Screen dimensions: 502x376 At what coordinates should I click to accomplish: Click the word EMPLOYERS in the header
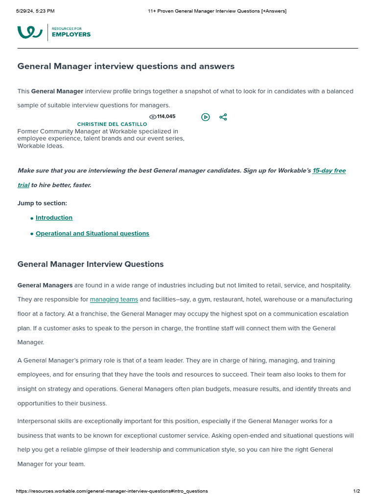(x=71, y=35)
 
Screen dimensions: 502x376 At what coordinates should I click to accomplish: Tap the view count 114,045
(x=166, y=117)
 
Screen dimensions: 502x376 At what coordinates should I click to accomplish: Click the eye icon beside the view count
(x=152, y=117)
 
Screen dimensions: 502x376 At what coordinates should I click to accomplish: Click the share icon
(x=223, y=117)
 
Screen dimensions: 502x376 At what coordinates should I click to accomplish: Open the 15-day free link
(x=329, y=171)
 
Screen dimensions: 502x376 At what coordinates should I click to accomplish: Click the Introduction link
(x=54, y=218)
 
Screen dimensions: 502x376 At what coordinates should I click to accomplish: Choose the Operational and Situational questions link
(x=92, y=233)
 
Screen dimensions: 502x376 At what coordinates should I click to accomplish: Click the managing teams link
(x=114, y=300)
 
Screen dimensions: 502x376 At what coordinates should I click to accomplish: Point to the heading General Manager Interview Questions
(x=91, y=264)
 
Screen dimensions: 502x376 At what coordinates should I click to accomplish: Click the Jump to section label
(x=42, y=203)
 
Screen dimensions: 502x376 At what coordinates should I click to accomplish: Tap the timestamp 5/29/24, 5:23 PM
(x=35, y=11)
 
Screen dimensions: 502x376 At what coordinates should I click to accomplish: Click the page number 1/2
(x=356, y=491)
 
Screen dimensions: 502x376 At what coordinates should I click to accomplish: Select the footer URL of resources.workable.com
(x=112, y=491)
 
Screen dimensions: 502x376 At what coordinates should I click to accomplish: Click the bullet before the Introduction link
(x=32, y=218)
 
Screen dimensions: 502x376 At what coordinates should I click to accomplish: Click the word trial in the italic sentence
(x=23, y=185)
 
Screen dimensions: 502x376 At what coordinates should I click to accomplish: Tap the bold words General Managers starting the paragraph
(x=45, y=285)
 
